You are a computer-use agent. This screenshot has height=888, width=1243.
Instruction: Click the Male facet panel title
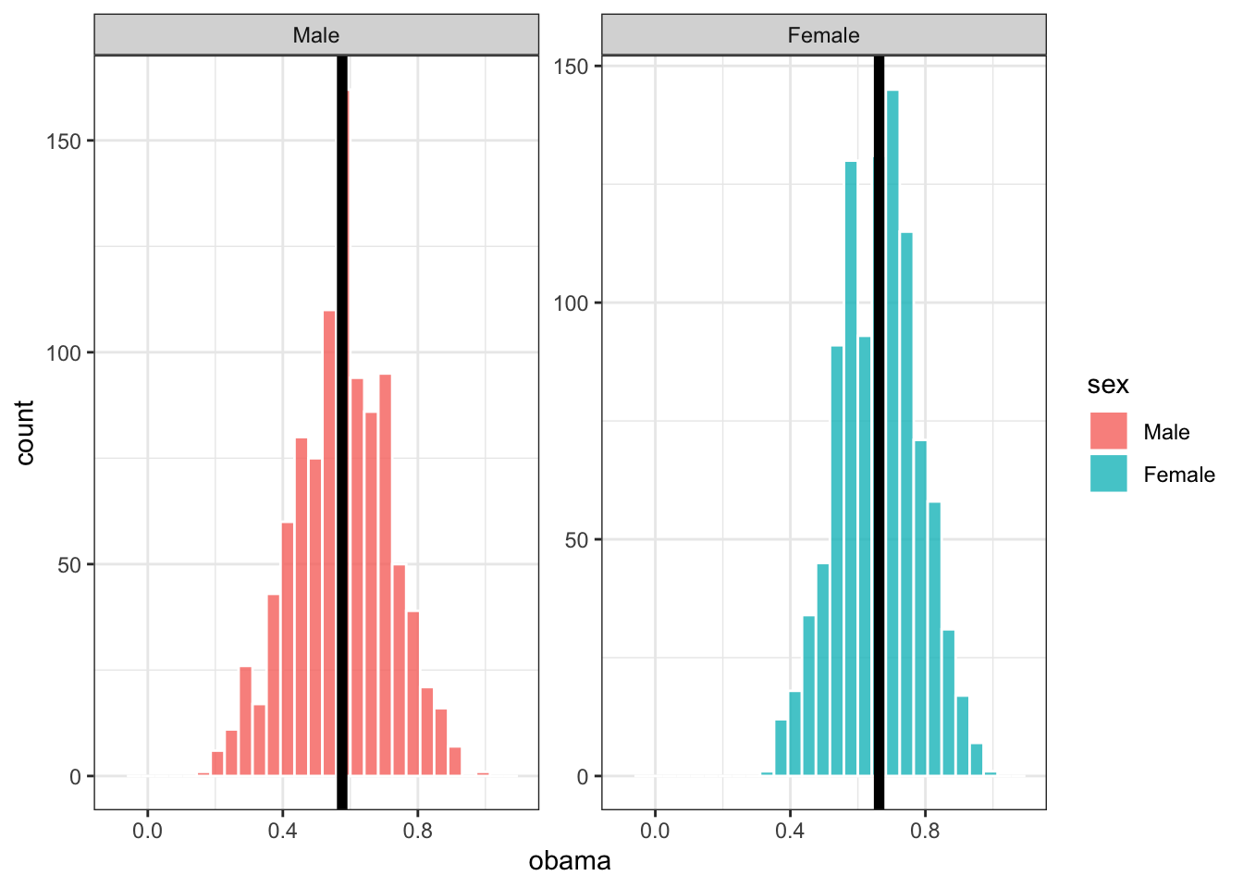pyautogui.click(x=316, y=35)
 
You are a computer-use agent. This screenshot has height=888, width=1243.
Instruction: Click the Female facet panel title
pyautogui.click(x=823, y=35)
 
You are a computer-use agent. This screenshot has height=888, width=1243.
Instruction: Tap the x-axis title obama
pyautogui.click(x=570, y=861)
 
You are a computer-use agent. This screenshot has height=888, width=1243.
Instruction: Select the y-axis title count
pyautogui.click(x=24, y=432)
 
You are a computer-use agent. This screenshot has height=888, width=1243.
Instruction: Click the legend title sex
pyautogui.click(x=1108, y=385)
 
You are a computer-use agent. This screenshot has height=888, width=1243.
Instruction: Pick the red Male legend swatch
pyautogui.click(x=1108, y=431)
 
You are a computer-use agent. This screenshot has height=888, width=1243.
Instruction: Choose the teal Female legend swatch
pyautogui.click(x=1108, y=474)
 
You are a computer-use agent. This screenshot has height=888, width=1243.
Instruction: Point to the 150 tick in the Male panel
pyautogui.click(x=69, y=142)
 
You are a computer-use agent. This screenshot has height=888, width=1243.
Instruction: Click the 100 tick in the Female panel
pyautogui.click(x=571, y=303)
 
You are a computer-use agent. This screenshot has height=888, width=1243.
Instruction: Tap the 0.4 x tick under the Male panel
pyautogui.click(x=282, y=831)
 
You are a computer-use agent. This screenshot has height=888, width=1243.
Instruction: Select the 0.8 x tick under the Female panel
pyautogui.click(x=925, y=831)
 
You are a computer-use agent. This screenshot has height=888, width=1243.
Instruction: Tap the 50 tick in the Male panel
pyautogui.click(x=69, y=565)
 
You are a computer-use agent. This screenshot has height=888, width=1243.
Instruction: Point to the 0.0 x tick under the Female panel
pyautogui.click(x=655, y=831)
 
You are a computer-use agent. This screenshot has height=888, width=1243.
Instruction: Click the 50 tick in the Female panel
pyautogui.click(x=576, y=540)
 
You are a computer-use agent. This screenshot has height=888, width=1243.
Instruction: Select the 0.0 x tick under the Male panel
pyautogui.click(x=147, y=831)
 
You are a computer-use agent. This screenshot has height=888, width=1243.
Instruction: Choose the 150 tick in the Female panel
pyautogui.click(x=571, y=67)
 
